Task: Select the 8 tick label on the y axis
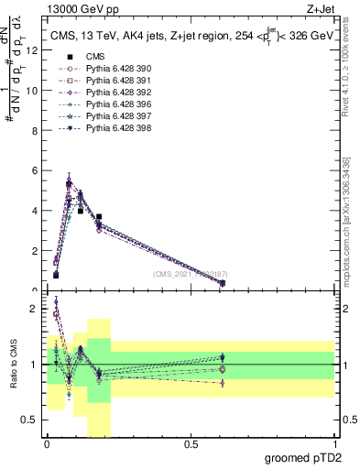[x=35, y=130]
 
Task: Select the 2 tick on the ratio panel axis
[x=34, y=309]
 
